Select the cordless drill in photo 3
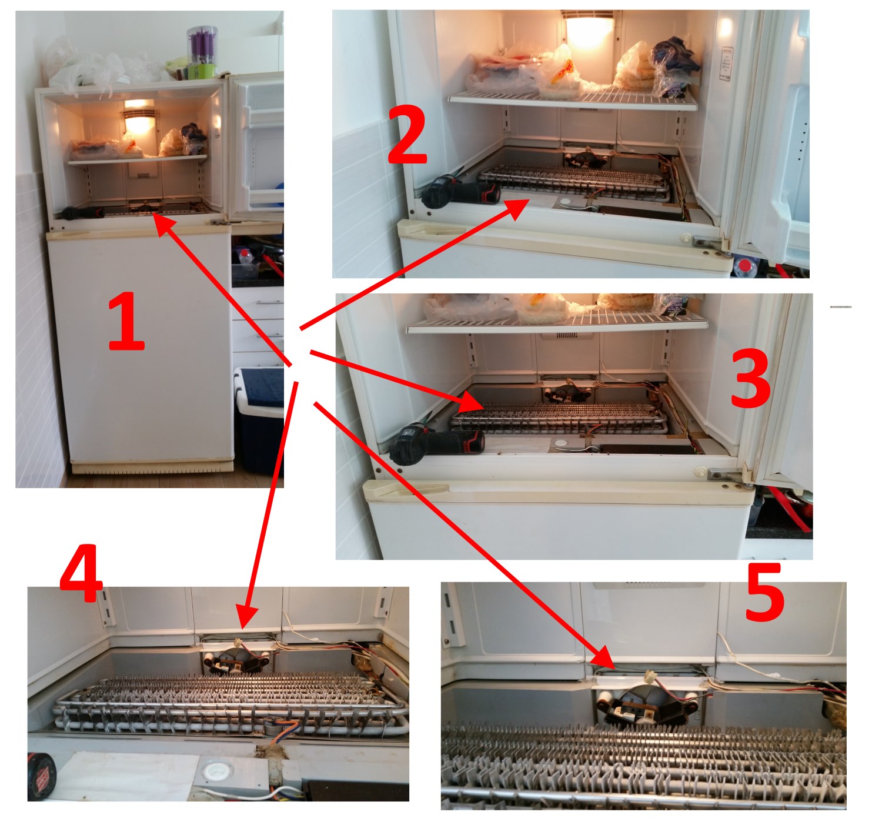pos(435,443)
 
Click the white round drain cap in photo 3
pos(560,444)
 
